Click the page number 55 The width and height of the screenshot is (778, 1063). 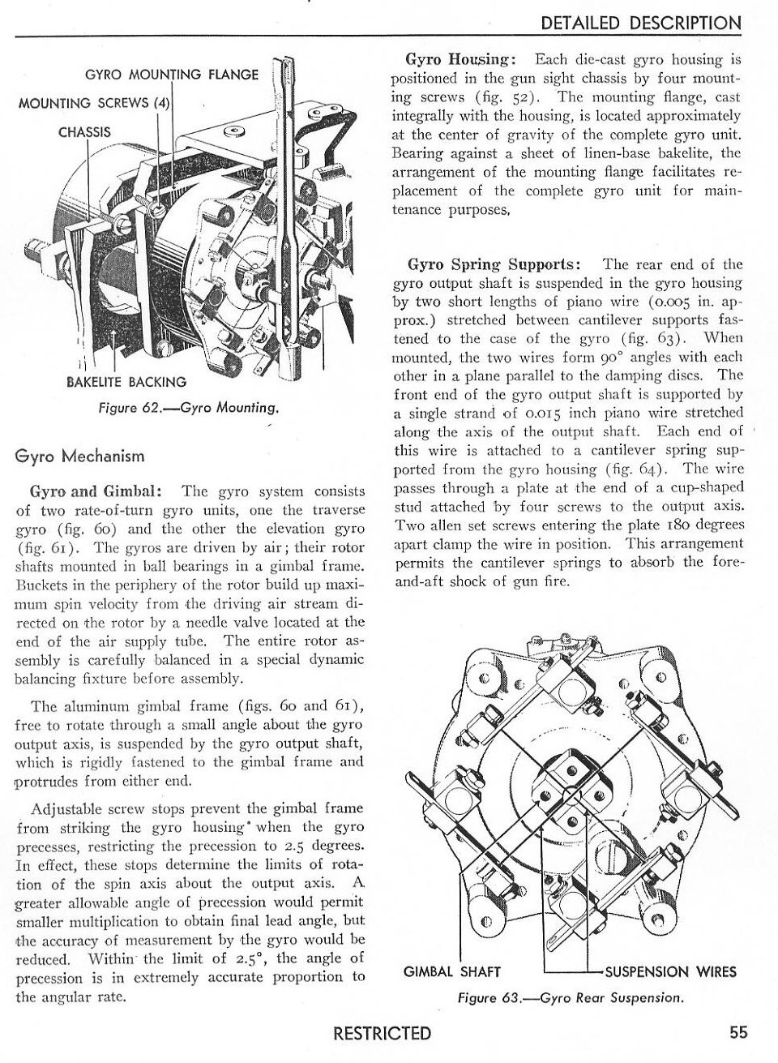coord(737,1032)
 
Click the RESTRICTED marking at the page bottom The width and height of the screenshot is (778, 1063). coord(383,1033)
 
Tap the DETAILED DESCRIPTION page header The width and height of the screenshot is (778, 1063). coord(641,24)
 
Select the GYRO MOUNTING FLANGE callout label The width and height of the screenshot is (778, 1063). coord(172,75)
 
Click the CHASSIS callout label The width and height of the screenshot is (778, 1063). coord(84,131)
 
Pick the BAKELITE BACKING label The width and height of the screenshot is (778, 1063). coord(126,381)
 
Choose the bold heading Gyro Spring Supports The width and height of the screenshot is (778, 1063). coord(494,264)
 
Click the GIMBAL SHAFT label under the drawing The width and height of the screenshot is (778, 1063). coord(452,971)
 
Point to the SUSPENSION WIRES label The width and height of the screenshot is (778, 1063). coord(671,971)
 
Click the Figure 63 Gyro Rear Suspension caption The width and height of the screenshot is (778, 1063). coord(571,997)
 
